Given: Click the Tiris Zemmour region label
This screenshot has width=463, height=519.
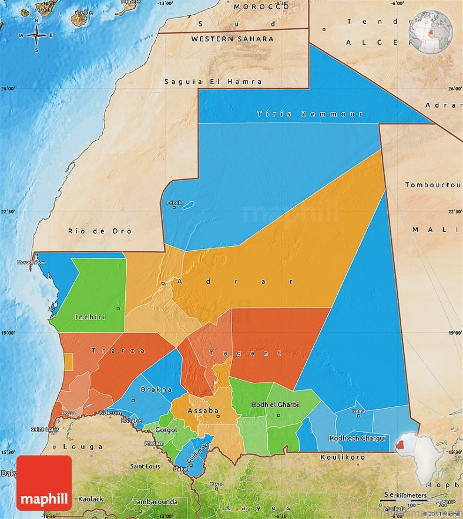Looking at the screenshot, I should point(310,114).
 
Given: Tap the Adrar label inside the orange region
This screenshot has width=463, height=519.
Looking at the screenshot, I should point(234,282).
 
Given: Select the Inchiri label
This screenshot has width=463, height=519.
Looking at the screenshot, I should point(90,317).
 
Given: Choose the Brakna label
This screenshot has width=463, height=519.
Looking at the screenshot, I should point(160,389).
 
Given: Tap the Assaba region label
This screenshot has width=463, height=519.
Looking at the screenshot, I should point(203,410).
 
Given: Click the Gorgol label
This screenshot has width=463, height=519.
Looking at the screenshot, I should point(166,430).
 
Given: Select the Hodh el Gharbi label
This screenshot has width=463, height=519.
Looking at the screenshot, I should point(274,405).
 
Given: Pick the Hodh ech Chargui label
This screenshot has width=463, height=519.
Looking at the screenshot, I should point(357,438).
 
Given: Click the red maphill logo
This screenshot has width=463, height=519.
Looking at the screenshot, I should point(44,483).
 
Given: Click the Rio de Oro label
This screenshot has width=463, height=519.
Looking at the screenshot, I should point(99,231).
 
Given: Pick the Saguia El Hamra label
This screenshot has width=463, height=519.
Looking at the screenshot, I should point(213,82).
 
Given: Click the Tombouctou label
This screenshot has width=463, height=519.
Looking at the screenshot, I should point(433,185).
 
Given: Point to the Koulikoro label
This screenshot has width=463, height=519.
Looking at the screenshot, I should point(343,457).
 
